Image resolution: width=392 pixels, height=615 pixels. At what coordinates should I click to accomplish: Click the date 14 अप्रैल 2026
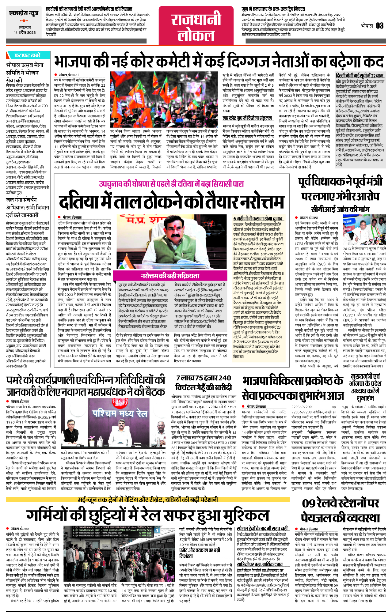coord(25,33)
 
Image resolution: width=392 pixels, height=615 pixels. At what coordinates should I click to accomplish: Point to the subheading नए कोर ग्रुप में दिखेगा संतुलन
coord(247,118)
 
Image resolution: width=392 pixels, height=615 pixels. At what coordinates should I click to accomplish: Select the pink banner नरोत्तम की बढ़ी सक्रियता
coord(170,276)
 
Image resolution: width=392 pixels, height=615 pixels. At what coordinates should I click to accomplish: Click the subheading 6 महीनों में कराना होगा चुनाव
coord(258,219)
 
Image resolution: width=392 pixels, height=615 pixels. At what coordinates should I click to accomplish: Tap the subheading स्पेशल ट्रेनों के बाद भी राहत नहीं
coord(262,528)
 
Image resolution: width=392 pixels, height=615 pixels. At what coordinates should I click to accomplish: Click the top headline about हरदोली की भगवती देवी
coord(89,9)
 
